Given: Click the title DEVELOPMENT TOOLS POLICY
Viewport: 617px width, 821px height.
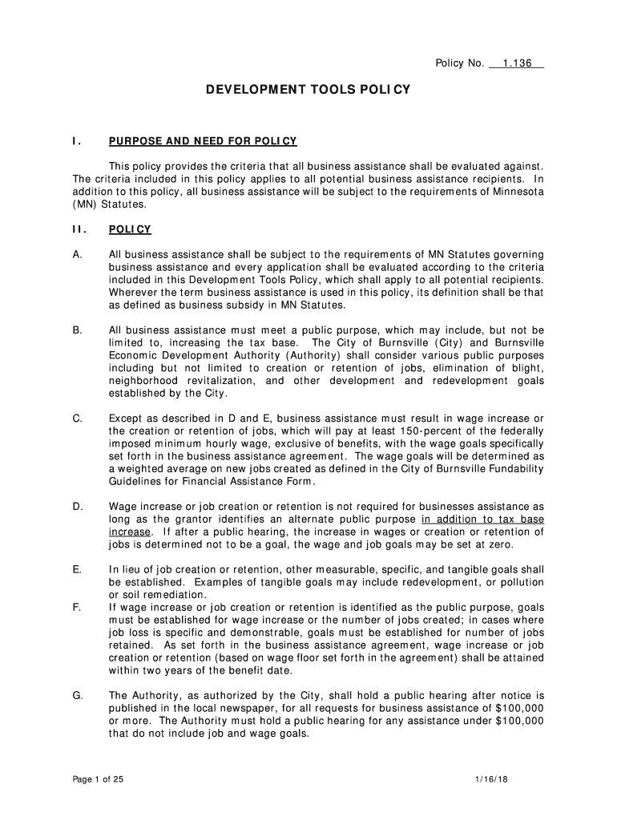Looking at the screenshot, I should pyautogui.click(x=308, y=91).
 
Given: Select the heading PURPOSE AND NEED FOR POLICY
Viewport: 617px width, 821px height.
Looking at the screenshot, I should pyautogui.click(x=203, y=142).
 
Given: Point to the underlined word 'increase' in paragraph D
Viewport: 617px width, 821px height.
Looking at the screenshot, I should pyautogui.click(x=129, y=532).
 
